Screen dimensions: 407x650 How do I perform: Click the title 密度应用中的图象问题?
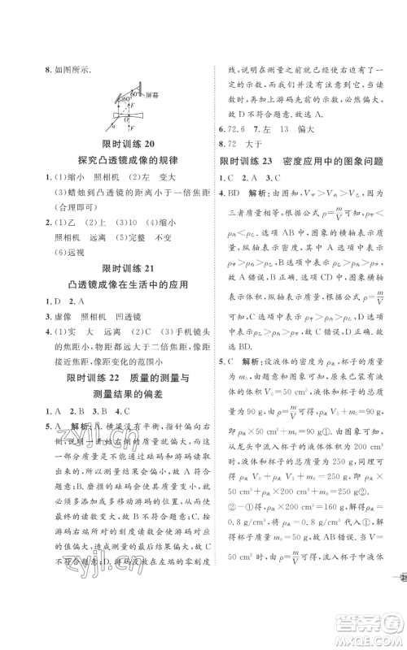tap(329, 161)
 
